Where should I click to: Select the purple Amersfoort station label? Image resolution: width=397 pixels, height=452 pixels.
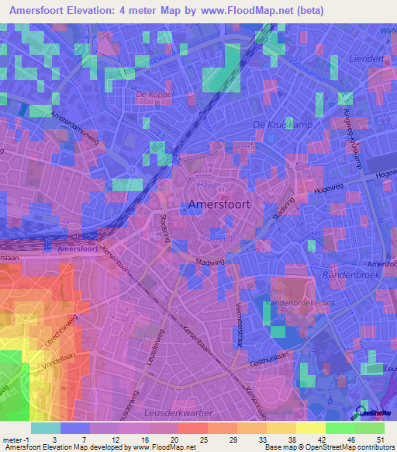[x=77, y=249]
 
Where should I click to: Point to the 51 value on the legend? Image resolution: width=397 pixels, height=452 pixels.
[x=380, y=438]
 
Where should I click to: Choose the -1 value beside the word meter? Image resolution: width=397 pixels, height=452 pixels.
[x=27, y=438]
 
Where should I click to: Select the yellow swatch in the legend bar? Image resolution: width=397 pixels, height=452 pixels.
[x=311, y=427]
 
